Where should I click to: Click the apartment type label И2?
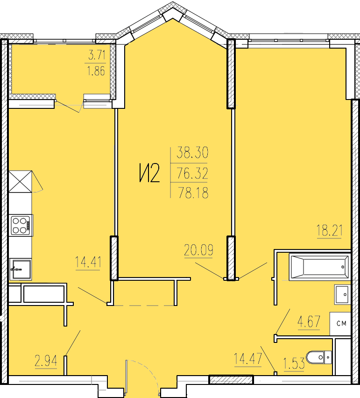(x=149, y=173)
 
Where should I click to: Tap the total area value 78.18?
(x=193, y=192)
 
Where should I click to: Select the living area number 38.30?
(x=192, y=152)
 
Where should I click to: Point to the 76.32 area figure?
(x=192, y=173)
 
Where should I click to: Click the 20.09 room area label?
(x=198, y=250)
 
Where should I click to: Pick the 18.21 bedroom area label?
(x=330, y=230)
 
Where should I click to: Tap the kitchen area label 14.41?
(x=88, y=262)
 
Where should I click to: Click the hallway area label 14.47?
(x=247, y=359)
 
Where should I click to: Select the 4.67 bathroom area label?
(x=309, y=321)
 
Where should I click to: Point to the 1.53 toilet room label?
(x=294, y=363)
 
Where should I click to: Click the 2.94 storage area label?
(x=46, y=361)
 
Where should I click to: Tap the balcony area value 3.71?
(x=97, y=55)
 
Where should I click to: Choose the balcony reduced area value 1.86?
(x=96, y=71)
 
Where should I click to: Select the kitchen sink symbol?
(x=21, y=270)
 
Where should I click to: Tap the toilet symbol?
(x=319, y=357)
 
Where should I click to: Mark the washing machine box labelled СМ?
(x=340, y=324)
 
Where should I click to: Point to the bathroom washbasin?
(x=343, y=295)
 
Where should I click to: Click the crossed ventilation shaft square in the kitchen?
(x=20, y=182)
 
